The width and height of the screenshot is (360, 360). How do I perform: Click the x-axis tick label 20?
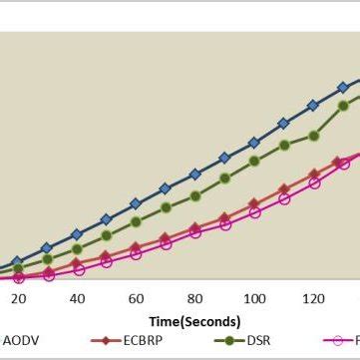tap(18, 298)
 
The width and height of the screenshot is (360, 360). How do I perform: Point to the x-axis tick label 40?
tap(77, 298)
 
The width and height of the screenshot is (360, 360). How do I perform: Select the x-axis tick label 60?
tap(137, 298)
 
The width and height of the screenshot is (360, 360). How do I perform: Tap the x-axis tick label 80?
tap(195, 298)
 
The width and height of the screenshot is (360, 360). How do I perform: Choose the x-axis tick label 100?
tap(254, 298)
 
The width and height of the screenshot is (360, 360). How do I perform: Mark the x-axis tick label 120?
tap(314, 298)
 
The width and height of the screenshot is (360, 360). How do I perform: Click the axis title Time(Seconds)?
tap(195, 321)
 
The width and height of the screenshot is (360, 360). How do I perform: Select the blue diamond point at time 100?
tap(254, 143)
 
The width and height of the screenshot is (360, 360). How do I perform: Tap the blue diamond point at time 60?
tap(136, 204)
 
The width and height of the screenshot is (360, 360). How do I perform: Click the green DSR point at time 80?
tap(195, 195)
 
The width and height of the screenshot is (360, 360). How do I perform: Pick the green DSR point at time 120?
tap(314, 136)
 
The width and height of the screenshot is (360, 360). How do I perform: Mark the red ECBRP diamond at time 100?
tap(254, 203)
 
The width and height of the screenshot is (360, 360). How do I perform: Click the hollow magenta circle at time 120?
tap(314, 182)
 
